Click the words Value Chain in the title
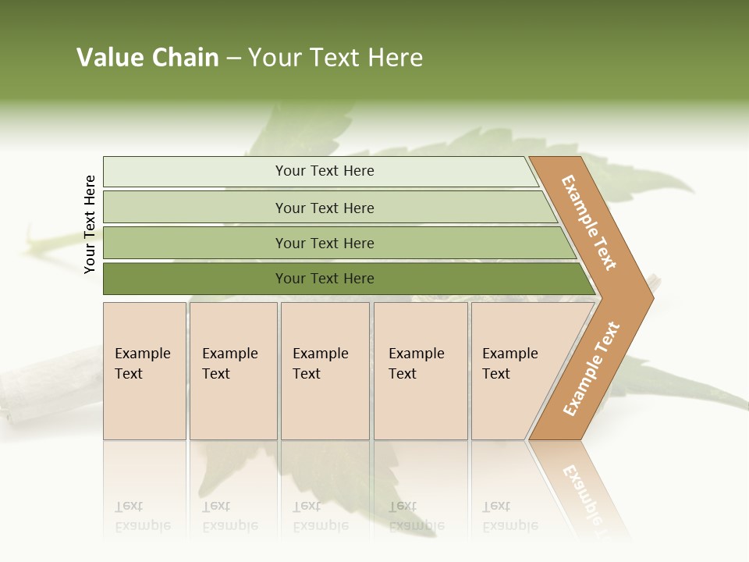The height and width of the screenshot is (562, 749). [x=147, y=58]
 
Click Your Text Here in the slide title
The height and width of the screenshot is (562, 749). [x=335, y=58]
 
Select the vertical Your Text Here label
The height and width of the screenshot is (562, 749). [x=90, y=224]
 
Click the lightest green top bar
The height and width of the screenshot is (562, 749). [x=195, y=172]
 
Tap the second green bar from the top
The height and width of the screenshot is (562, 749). [x=195, y=208]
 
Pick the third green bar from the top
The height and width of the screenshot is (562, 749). [x=195, y=244]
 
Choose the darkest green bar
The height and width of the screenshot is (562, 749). [x=195, y=279]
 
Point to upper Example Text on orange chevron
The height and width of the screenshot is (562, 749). [x=589, y=222]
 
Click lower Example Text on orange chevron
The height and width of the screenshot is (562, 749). [x=591, y=369]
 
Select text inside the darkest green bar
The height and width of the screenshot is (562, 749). [x=325, y=279]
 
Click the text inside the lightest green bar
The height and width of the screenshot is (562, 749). [x=325, y=171]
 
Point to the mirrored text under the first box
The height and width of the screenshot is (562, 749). [x=142, y=516]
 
